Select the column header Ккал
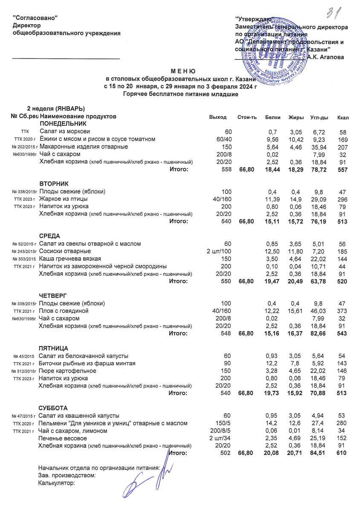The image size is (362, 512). point(343,117)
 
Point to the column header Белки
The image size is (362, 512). point(272,117)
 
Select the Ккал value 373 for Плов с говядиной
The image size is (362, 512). point(342,311)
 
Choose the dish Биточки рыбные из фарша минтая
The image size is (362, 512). point(87,363)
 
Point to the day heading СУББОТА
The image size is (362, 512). point(53,408)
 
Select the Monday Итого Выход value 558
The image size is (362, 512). point(226,170)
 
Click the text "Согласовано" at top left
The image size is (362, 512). point(36,17)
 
